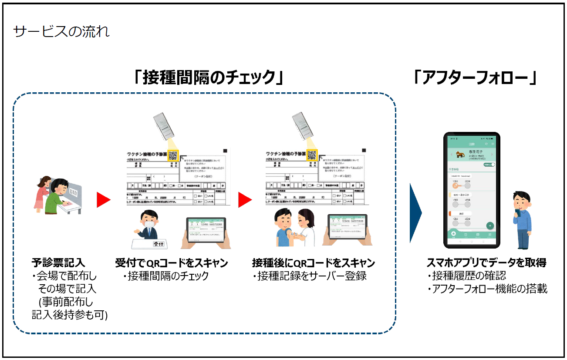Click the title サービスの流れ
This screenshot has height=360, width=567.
pos(61,32)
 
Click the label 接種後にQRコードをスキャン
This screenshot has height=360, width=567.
pos(313,263)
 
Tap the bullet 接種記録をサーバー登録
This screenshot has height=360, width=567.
pos(309,276)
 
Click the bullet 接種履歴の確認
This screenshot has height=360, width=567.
pos(466,276)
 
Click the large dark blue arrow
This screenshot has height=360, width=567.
pos(415,213)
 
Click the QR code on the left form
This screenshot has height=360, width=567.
pos(172,155)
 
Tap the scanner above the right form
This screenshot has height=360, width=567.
pos(301,126)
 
